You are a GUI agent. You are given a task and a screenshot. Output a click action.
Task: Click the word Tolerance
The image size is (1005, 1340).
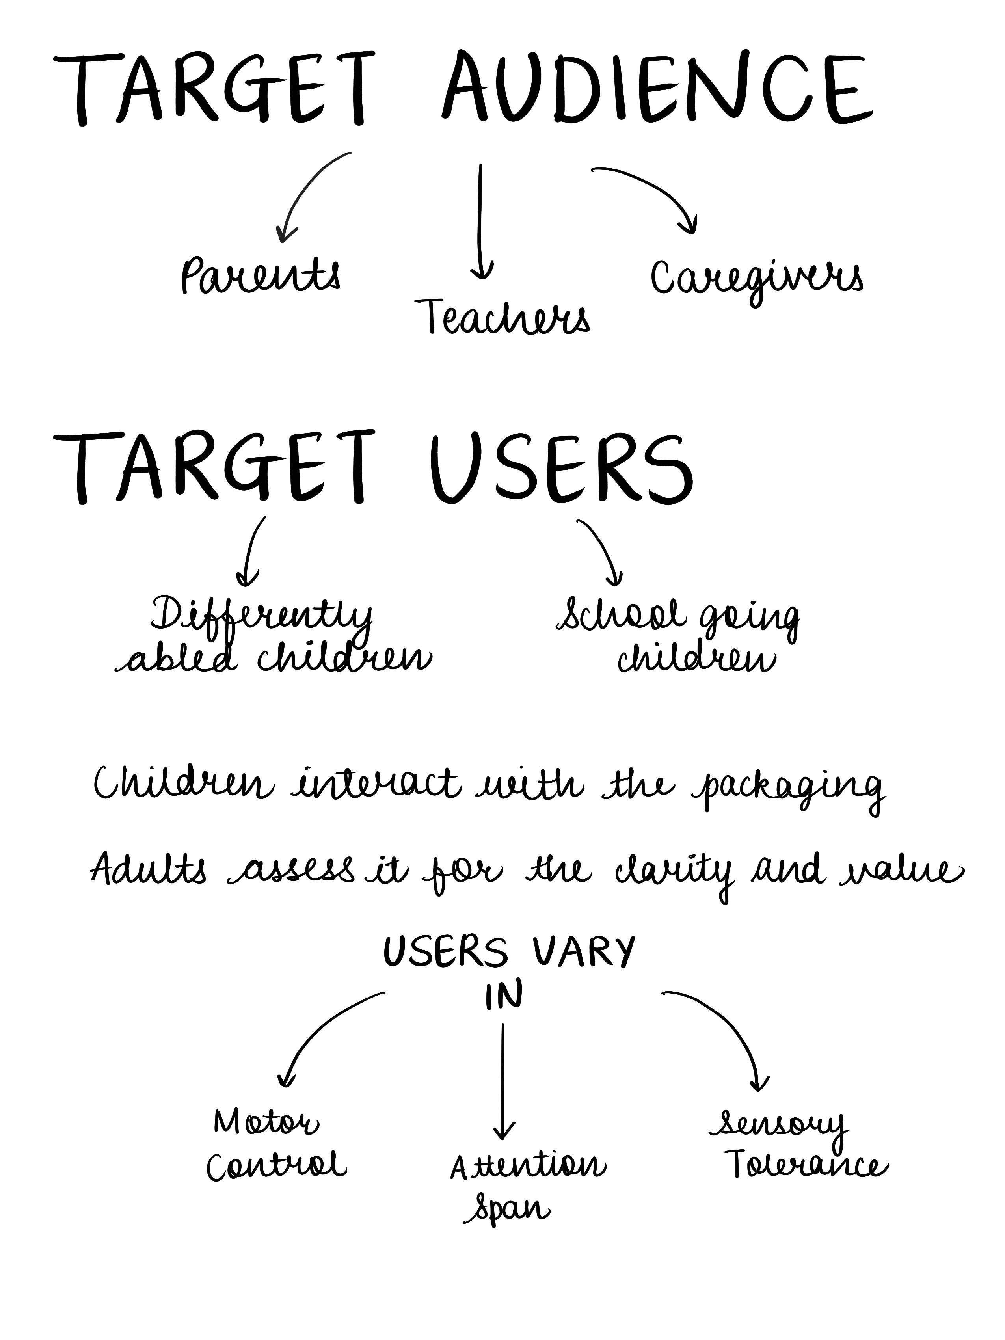[806, 1166]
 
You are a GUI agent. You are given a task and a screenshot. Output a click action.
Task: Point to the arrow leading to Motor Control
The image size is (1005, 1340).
[321, 1030]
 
